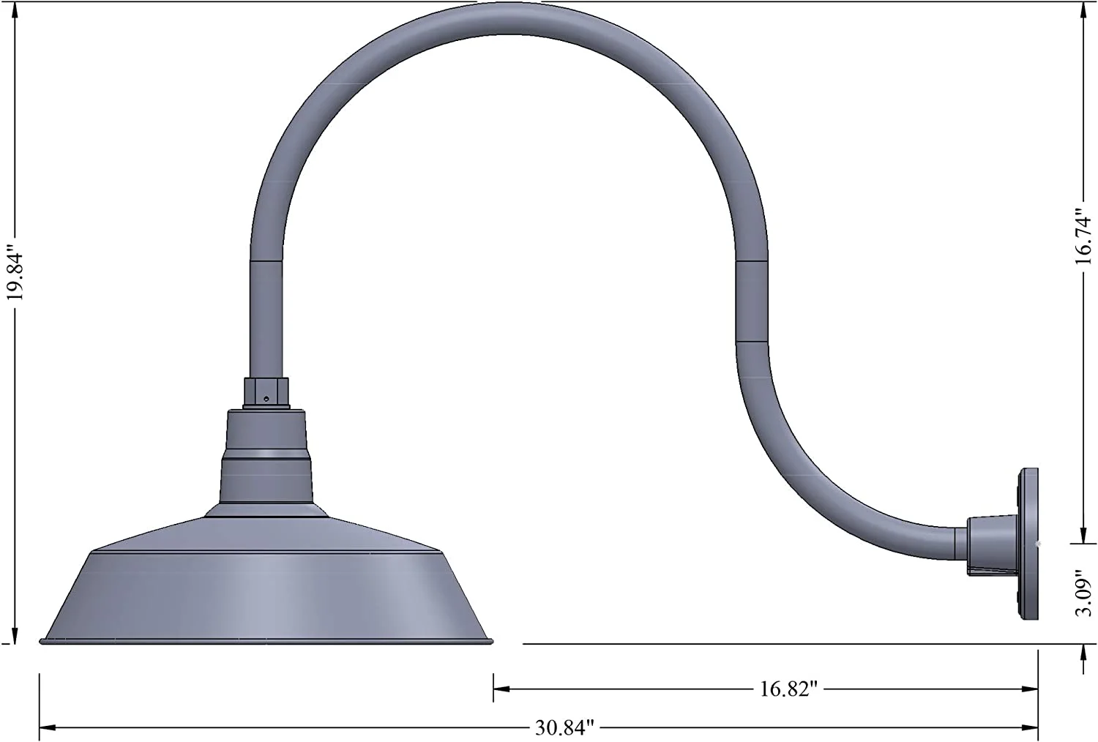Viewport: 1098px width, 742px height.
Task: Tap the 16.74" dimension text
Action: (1084, 234)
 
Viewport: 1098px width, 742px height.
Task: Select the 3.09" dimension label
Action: (1084, 593)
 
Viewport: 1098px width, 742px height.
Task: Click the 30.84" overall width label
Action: (564, 728)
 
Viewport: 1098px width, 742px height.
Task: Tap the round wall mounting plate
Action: (1028, 544)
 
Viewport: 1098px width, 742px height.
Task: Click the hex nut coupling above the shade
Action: (266, 393)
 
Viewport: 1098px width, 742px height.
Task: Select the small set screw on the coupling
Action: (266, 399)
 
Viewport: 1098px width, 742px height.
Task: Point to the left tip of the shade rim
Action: (41, 642)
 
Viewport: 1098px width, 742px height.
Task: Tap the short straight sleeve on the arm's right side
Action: (752, 300)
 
